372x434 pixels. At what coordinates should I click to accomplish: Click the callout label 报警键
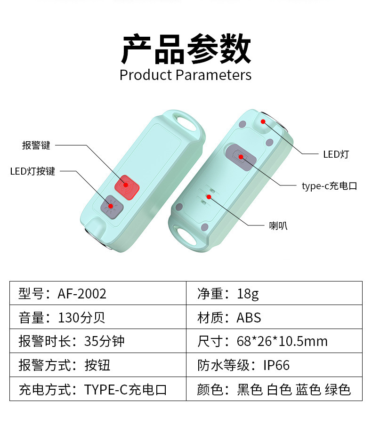click(x=36, y=145)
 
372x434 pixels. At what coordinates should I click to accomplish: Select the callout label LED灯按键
click(x=33, y=171)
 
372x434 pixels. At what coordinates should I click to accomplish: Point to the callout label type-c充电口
click(x=329, y=186)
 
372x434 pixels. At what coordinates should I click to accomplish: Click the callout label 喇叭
click(x=278, y=226)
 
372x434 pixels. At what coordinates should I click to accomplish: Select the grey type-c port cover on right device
click(x=241, y=156)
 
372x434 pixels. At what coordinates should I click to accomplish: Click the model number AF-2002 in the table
click(x=82, y=294)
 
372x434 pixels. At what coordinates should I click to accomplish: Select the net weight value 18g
click(x=248, y=294)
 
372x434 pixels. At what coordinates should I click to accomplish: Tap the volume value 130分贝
click(x=81, y=318)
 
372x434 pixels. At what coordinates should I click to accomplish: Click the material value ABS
click(x=249, y=318)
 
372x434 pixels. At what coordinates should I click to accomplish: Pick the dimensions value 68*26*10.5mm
click(x=282, y=341)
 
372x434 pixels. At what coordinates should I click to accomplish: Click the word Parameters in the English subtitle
click(x=213, y=75)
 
